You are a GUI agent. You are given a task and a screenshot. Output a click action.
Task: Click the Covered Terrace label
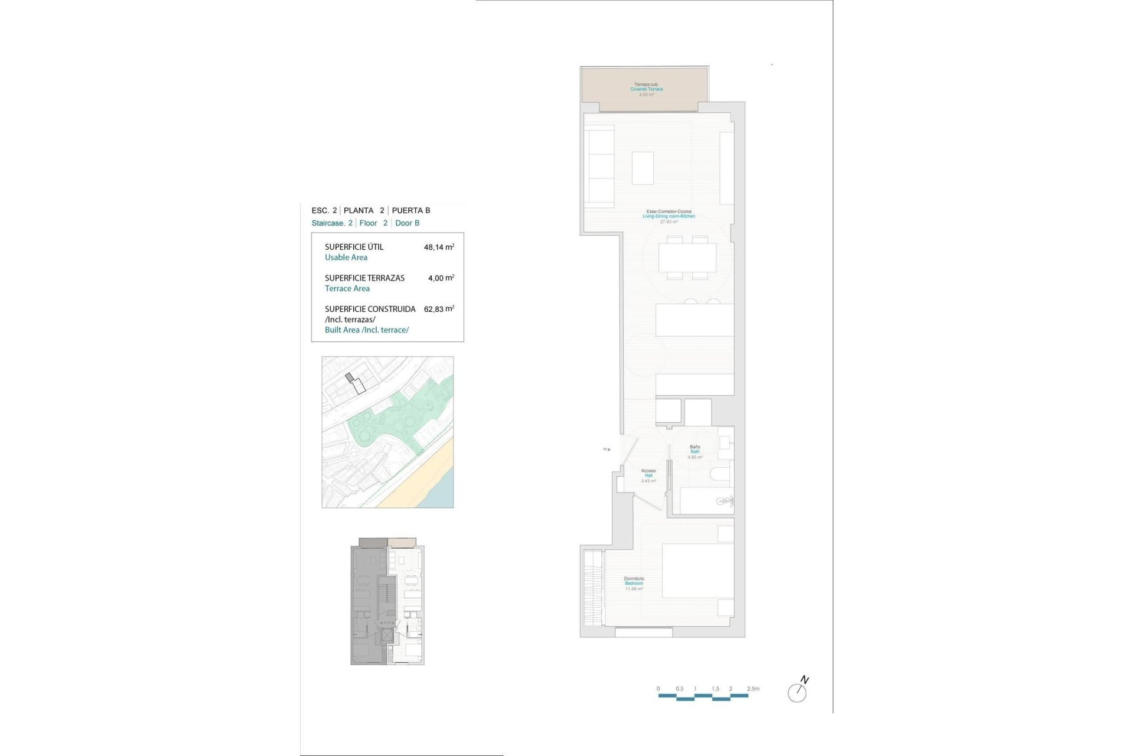tap(646, 89)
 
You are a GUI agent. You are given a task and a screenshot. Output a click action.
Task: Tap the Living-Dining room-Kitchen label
tap(669, 216)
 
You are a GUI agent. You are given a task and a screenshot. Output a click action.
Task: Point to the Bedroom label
tap(634, 584)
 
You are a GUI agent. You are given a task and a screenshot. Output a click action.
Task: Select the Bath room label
tap(695, 452)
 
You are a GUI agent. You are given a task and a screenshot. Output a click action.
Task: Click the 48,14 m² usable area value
tap(438, 247)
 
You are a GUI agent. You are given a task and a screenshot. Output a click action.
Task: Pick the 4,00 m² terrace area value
tap(441, 278)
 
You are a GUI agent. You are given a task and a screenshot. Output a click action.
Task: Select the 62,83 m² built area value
tap(438, 309)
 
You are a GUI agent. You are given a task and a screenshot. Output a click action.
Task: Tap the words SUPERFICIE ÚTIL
tap(354, 247)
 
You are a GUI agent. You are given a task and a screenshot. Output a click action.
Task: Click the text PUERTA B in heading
tap(411, 210)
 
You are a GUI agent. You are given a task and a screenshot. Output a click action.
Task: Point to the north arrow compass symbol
tap(798, 690)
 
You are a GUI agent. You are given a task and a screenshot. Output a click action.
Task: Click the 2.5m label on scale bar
tap(752, 689)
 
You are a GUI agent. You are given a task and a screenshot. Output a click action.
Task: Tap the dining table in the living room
tap(687, 258)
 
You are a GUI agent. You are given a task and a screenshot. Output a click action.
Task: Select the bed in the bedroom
tap(698, 571)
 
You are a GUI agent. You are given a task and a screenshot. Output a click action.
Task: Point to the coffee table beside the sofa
tap(643, 168)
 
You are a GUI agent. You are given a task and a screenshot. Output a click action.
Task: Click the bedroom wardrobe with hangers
tap(592, 588)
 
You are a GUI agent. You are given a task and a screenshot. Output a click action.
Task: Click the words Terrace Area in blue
tap(347, 288)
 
